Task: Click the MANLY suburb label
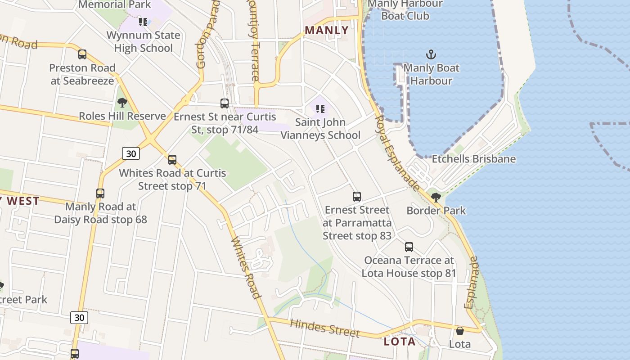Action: pos(326,30)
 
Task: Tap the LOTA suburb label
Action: pos(399,342)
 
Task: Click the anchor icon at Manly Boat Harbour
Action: pos(431,55)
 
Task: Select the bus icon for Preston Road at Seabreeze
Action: pos(82,54)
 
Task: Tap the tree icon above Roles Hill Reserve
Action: pos(122,103)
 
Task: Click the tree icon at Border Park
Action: pos(436,197)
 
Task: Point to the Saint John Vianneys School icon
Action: pos(320,108)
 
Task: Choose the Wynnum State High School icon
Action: pos(143,22)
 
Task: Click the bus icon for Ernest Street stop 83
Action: pos(357,197)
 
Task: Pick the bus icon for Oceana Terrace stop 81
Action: pos(409,247)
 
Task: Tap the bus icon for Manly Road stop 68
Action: pos(100,193)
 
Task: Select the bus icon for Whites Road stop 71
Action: pos(172,160)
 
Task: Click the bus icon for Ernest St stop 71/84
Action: pos(225,103)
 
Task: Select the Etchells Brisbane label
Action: pos(473,159)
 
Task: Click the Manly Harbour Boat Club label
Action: pos(405,10)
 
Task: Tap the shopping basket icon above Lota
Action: pos(460,331)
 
